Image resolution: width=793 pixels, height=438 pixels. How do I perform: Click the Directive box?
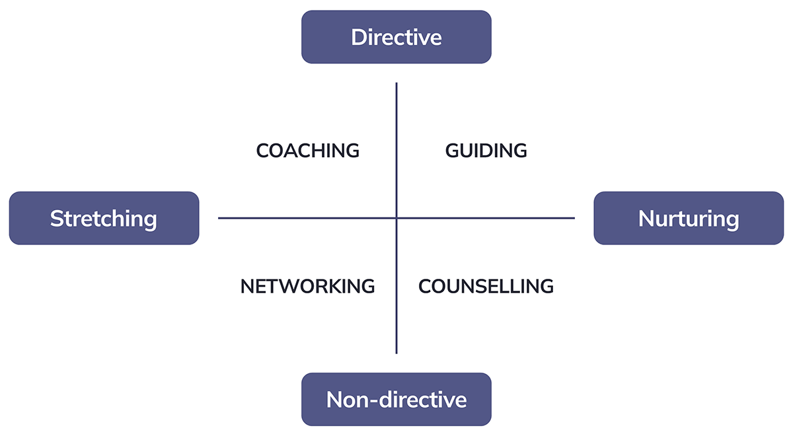(x=397, y=37)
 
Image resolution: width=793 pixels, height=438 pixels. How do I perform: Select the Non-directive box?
(x=397, y=399)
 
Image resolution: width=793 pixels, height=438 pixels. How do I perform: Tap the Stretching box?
(x=104, y=218)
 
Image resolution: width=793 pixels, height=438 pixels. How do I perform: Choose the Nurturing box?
(x=689, y=218)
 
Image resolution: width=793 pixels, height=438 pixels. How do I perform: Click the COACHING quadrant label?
(x=307, y=151)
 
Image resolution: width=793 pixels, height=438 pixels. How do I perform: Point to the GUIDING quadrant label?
(x=486, y=151)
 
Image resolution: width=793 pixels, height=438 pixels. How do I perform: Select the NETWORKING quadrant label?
(x=307, y=287)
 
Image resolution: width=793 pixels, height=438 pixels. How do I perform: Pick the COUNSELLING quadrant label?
(x=486, y=287)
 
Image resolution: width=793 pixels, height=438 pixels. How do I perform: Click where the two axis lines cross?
(x=397, y=218)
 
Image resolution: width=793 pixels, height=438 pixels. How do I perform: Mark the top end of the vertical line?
(x=397, y=84)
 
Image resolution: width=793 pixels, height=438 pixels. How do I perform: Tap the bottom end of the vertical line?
(x=397, y=352)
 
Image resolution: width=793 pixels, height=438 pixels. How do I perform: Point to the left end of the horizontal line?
(x=219, y=218)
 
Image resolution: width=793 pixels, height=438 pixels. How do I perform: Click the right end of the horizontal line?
(x=574, y=218)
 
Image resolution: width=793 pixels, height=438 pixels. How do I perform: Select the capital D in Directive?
(x=359, y=37)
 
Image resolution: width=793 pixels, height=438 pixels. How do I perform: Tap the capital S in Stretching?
(x=56, y=219)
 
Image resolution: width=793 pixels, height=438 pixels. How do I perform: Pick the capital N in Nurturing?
(x=646, y=219)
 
